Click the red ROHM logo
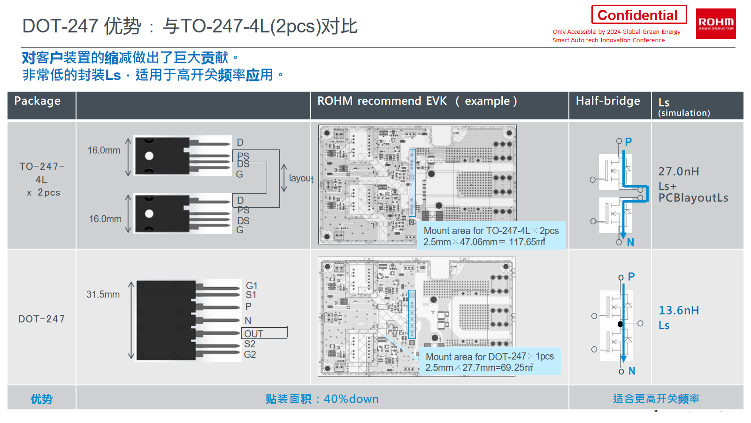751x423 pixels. (715, 23)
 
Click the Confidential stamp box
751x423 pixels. (638, 15)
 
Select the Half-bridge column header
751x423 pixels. (608, 101)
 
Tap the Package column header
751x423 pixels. (38, 101)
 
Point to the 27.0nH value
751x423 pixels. (679, 172)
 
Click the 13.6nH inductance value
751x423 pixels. (679, 310)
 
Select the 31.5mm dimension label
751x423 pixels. (103, 295)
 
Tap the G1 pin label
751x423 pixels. (252, 286)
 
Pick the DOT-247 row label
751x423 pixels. (41, 319)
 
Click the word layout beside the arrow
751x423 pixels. (301, 179)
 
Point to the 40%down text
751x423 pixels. (351, 399)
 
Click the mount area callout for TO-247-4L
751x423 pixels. (491, 236)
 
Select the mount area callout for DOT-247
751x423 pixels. (490, 362)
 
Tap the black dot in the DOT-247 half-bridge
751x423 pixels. (620, 324)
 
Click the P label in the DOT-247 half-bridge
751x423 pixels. (631, 276)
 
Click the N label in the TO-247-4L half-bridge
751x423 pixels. (630, 243)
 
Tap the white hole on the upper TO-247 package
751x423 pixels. (149, 156)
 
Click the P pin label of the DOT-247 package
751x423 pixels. (248, 307)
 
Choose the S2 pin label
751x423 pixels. (250, 344)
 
